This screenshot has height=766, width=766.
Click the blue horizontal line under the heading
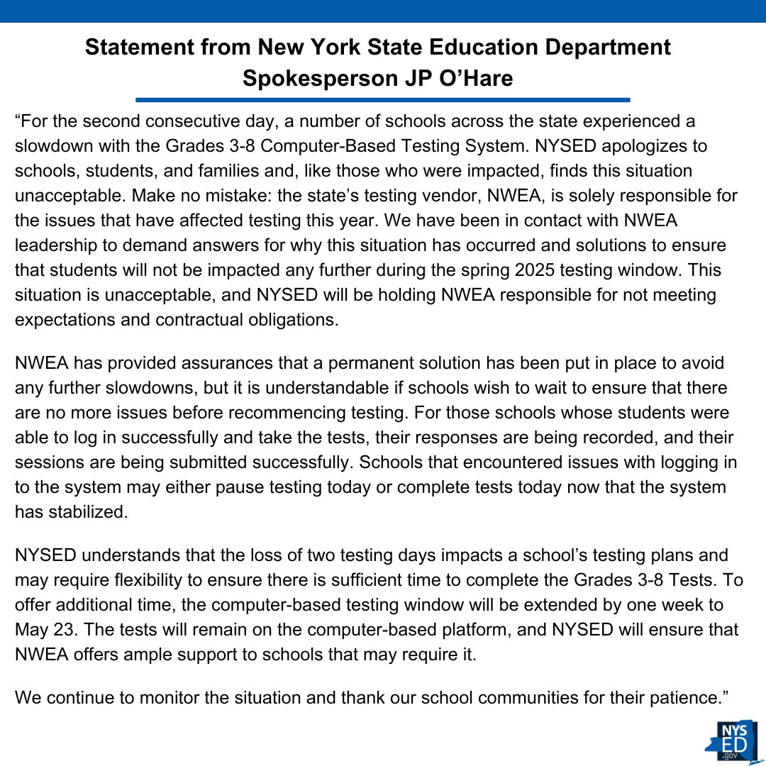(382, 100)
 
